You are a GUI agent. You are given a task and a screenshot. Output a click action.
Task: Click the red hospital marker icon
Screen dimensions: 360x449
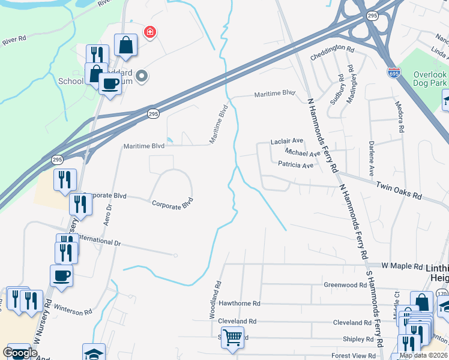[149, 32]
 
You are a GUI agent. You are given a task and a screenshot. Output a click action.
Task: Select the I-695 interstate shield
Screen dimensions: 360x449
[393, 71]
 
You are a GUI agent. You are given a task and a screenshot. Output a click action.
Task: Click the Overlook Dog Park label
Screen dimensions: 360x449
[430, 77]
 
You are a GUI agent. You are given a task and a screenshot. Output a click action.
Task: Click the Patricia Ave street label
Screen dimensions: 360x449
[295, 165]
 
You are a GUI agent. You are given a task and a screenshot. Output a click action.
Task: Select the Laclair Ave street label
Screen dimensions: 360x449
[287, 142]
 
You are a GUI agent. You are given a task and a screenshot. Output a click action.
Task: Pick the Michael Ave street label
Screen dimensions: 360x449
[303, 154]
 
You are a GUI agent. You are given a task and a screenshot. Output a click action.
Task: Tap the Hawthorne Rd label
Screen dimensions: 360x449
[240, 304]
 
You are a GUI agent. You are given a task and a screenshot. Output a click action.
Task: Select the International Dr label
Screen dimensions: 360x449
[98, 242]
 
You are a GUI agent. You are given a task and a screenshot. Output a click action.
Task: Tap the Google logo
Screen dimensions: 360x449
[20, 353]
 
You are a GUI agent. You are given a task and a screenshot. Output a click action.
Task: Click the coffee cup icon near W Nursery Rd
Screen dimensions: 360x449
[62, 276]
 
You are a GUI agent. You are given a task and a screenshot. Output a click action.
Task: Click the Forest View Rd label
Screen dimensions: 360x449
[354, 356]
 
